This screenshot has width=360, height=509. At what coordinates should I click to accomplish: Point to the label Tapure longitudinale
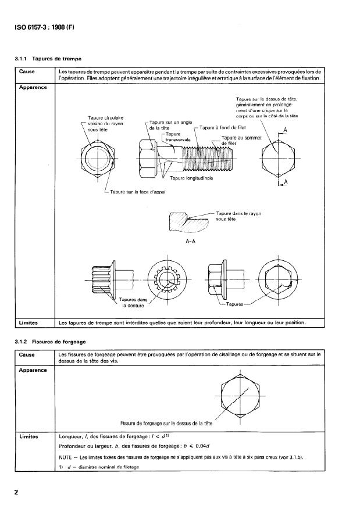click(191, 178)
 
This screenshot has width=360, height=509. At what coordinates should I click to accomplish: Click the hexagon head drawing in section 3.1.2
click(240, 397)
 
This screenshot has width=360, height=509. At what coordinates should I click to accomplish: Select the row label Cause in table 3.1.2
click(27, 354)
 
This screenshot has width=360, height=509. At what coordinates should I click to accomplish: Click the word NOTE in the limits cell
click(67, 456)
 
